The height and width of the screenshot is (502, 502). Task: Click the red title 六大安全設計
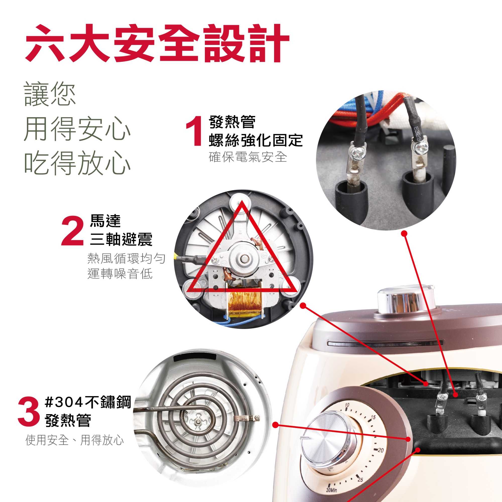[157, 43]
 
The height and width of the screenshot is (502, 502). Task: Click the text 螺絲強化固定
[256, 140]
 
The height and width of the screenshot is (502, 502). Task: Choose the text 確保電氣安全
[248, 157]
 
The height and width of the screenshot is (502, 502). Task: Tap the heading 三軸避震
[121, 239]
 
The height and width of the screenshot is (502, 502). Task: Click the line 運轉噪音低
[120, 274]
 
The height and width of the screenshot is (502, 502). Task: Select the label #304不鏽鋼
[88, 402]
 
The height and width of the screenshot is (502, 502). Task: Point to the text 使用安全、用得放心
[75, 440]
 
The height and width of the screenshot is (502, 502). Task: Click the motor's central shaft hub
[243, 258]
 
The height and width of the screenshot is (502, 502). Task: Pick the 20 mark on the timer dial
[380, 450]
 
